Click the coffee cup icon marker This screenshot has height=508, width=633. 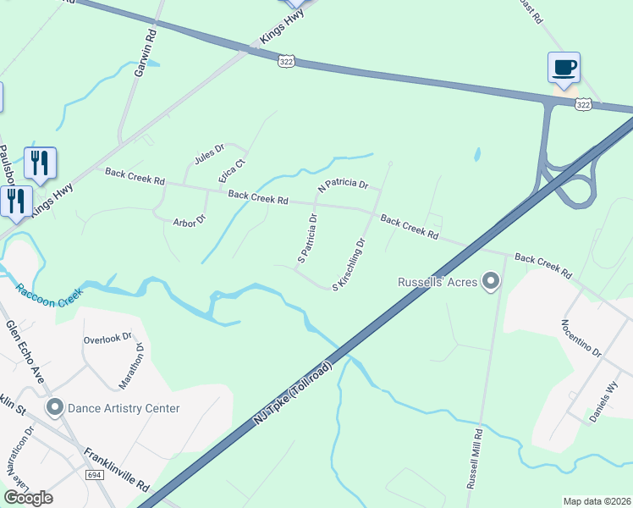564,67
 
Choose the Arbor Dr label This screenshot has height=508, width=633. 190,222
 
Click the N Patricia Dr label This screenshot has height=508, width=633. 344,184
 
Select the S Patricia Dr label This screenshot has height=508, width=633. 307,237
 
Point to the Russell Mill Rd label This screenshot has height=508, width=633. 475,458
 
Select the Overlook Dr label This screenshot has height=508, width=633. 107,339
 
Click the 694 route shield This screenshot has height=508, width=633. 95,476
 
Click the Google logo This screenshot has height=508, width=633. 28,498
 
